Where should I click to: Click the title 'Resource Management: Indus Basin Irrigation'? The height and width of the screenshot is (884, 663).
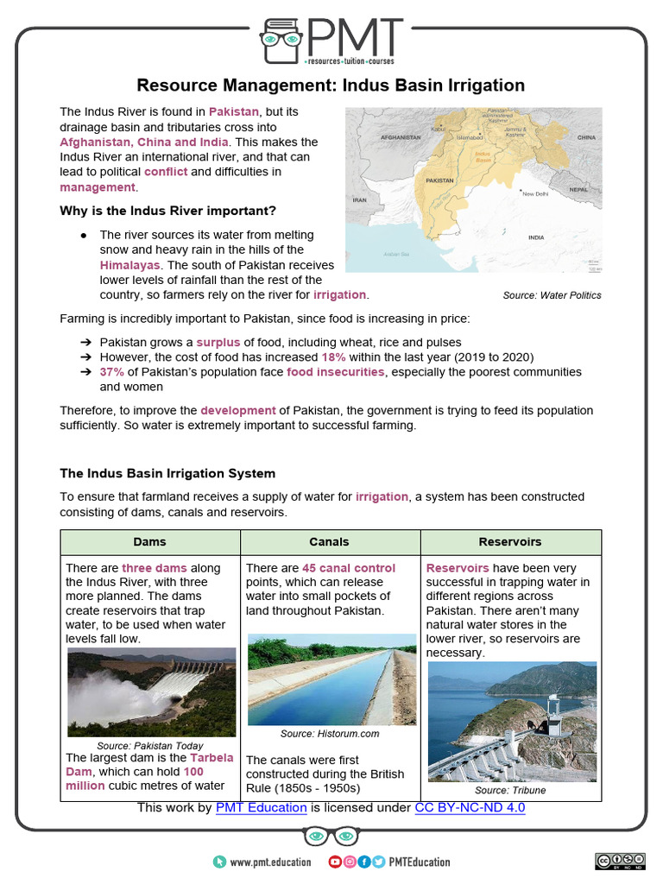[x=331, y=85]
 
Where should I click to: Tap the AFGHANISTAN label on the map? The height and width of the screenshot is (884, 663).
[x=400, y=137]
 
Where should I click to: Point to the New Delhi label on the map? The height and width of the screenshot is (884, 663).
[x=535, y=194]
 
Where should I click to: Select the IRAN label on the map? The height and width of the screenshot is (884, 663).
[x=360, y=199]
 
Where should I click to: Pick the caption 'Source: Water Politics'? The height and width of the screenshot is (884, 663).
[x=552, y=295]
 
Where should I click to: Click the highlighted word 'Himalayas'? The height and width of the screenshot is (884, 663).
[x=129, y=265]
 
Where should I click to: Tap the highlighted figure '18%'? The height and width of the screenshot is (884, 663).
[x=334, y=357]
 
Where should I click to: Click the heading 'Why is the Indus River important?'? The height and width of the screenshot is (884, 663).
[x=167, y=211]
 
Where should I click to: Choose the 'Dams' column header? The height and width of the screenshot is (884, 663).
[x=149, y=541]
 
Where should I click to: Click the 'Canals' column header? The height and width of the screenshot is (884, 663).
[x=329, y=541]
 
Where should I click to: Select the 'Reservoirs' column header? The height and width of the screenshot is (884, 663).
[x=510, y=541]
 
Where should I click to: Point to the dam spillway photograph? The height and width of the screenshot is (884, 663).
[x=151, y=692]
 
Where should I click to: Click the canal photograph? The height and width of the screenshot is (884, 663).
[x=329, y=680]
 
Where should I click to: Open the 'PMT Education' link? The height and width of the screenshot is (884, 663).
[x=261, y=807]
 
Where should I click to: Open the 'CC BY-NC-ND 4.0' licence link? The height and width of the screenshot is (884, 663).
[x=470, y=807]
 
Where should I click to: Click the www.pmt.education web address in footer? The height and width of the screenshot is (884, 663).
[x=266, y=862]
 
